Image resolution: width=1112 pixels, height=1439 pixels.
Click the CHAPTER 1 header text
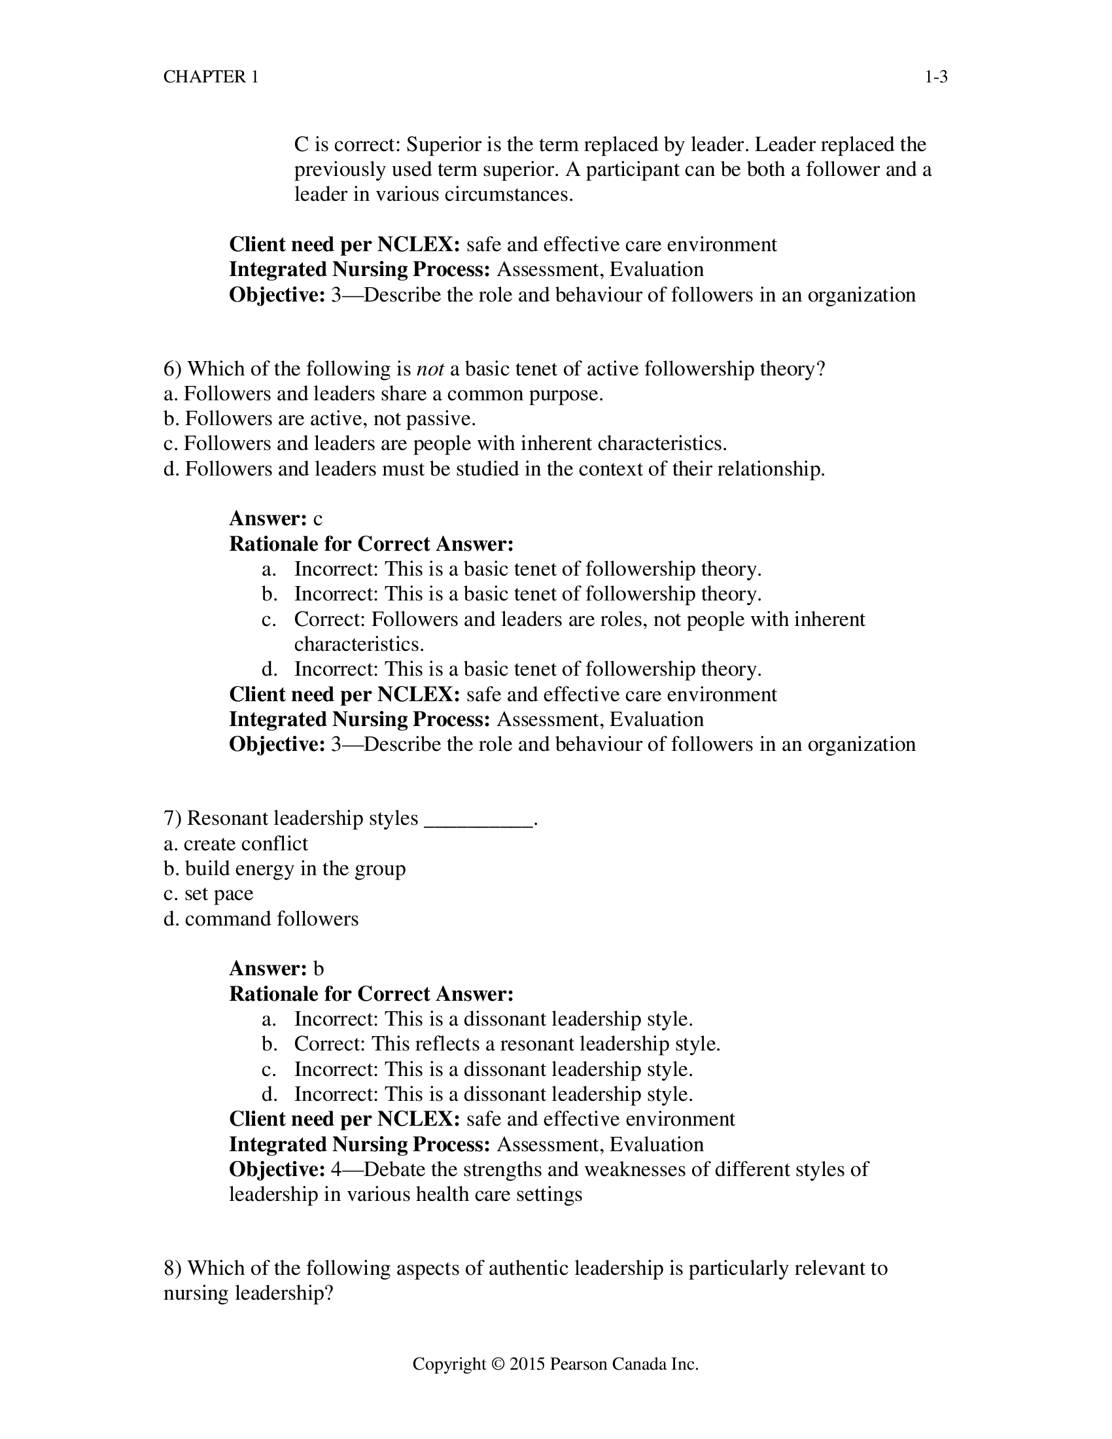(211, 77)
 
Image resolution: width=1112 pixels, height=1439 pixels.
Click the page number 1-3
(935, 77)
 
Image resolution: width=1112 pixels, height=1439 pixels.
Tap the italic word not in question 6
(430, 369)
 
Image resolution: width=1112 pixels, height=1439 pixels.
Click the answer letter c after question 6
(317, 519)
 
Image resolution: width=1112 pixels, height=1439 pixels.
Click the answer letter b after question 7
(318, 969)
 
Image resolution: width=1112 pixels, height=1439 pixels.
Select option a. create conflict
(235, 844)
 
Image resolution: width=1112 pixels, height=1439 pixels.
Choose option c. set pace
(208, 894)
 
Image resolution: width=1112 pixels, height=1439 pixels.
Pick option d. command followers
(261, 919)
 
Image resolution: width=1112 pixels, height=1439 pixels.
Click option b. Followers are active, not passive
(319, 419)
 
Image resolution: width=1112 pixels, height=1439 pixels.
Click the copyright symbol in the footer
(498, 1364)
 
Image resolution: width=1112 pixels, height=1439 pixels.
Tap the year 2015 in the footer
(527, 1364)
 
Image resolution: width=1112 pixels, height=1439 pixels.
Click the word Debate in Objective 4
(394, 1170)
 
